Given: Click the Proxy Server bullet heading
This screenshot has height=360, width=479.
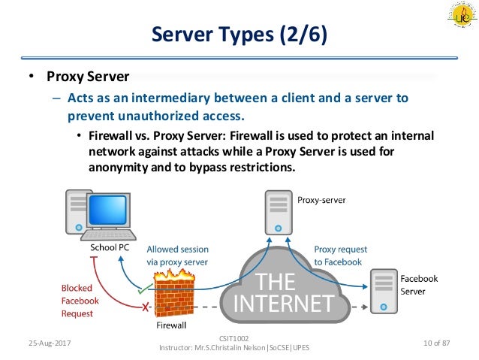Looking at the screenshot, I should (x=89, y=77).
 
